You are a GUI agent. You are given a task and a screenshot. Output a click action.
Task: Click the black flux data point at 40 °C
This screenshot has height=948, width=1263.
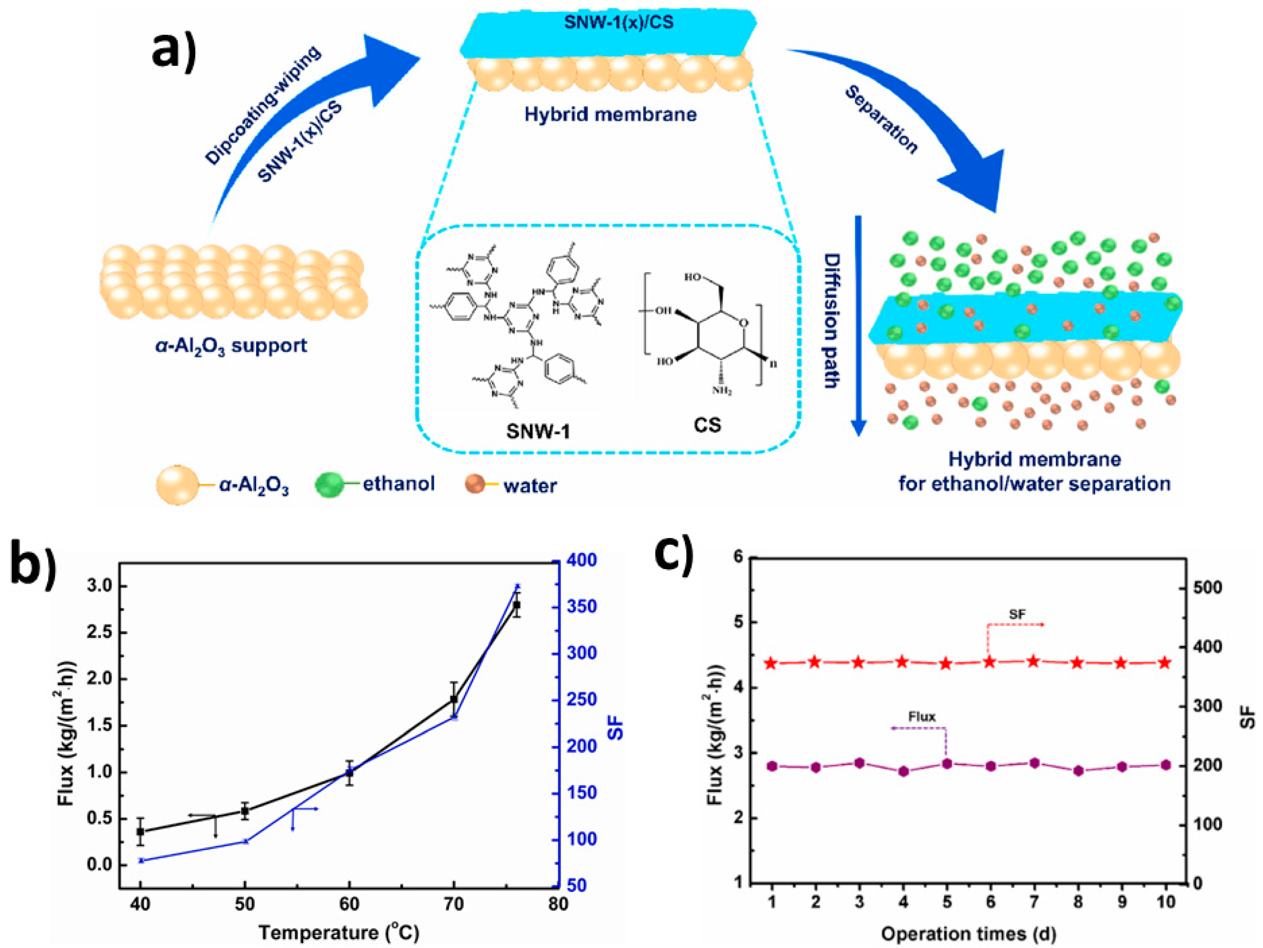point(140,831)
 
